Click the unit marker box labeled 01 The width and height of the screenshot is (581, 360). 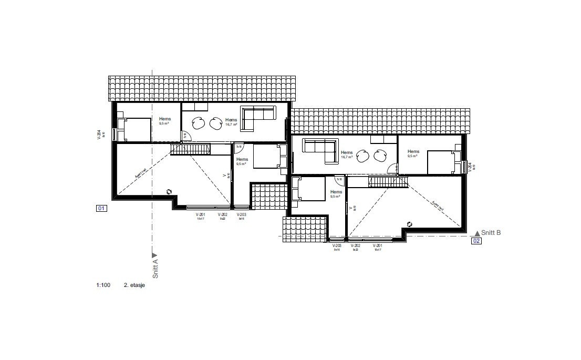[101, 209]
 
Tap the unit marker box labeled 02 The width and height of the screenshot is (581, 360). [476, 241]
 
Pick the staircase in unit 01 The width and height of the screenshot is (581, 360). [191, 150]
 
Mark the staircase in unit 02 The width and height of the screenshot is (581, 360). [387, 182]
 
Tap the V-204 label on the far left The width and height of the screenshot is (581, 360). [99, 135]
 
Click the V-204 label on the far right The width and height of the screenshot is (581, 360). [470, 167]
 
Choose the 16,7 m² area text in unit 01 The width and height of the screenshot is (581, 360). [231, 125]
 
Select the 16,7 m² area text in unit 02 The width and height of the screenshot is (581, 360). [347, 157]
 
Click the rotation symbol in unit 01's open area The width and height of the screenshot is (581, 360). [169, 192]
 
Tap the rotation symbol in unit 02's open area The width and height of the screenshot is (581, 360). [410, 224]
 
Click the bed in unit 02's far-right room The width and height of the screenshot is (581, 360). [442, 162]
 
